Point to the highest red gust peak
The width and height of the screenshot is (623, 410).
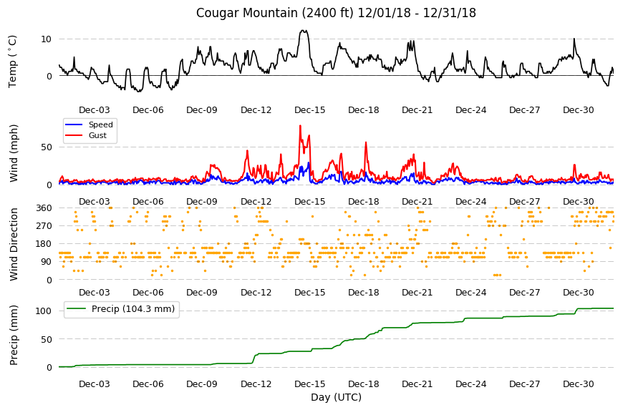(300, 126)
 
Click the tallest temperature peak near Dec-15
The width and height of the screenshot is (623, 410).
(304, 31)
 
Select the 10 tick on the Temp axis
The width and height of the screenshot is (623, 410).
(46, 39)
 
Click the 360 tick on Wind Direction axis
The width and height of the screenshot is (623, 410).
(44, 208)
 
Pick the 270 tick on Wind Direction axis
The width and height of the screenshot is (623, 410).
(44, 226)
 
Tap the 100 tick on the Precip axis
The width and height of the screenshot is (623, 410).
(44, 311)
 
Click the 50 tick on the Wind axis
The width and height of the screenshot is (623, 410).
(47, 147)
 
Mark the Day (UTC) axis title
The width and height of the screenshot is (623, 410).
(336, 397)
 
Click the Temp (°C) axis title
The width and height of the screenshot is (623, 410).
(13, 62)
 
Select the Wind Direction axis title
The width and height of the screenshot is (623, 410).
(14, 245)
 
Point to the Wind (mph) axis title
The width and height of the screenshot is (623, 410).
(14, 153)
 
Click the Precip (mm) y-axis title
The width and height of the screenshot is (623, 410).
(14, 336)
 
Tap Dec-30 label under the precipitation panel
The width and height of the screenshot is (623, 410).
(578, 384)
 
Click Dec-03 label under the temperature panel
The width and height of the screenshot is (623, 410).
(94, 110)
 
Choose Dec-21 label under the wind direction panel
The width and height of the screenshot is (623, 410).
(417, 293)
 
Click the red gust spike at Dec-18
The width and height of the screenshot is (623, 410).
(366, 143)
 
